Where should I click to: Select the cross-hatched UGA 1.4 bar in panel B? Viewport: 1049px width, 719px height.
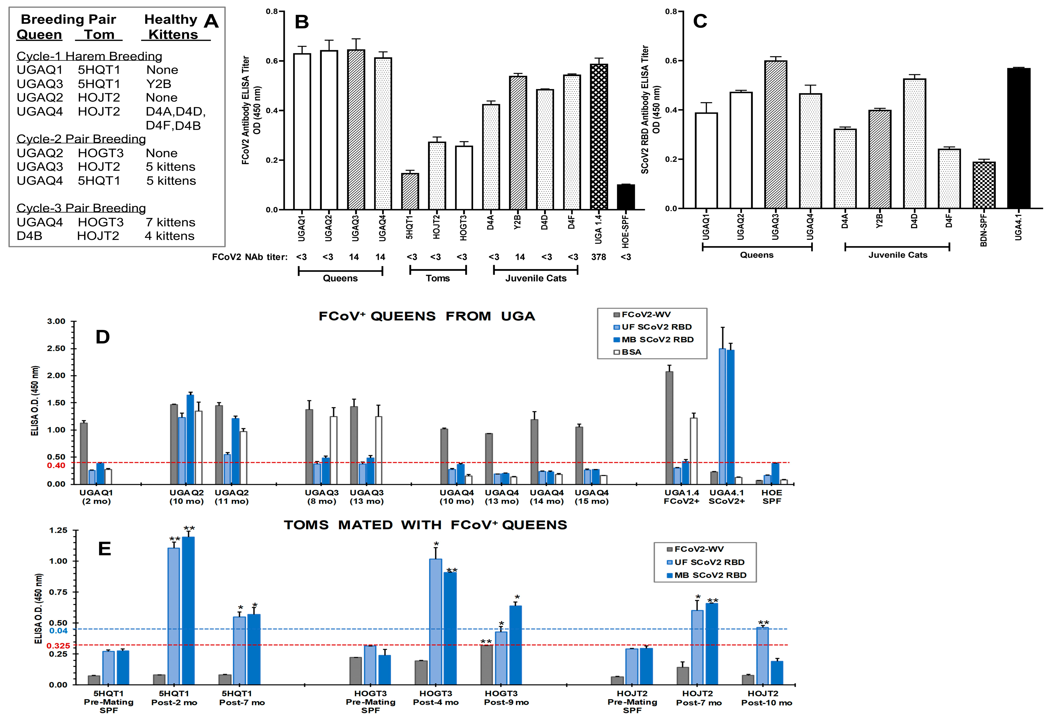click(x=599, y=137)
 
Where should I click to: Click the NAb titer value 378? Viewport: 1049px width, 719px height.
click(x=599, y=257)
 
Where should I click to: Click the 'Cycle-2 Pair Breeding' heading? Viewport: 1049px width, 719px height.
click(x=81, y=139)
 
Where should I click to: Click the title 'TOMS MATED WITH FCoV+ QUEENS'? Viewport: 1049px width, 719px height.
click(x=425, y=525)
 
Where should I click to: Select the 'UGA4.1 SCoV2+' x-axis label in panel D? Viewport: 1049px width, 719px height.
click(x=727, y=497)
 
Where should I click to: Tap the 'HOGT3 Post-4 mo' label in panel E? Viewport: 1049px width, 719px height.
click(x=436, y=698)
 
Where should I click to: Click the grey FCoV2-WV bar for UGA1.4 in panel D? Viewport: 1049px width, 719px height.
click(x=669, y=428)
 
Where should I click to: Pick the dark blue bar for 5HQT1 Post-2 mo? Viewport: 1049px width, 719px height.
click(x=188, y=611)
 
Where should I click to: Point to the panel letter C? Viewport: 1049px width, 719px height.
click(x=700, y=21)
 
